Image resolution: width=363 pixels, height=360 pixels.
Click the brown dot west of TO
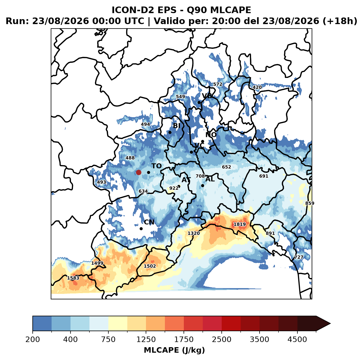pos(139,172)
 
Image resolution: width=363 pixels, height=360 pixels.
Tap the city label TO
pos(157,166)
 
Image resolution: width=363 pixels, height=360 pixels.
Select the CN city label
pos(149,222)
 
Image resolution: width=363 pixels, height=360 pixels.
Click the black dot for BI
pos(170,133)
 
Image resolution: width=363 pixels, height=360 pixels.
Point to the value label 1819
pos(240,224)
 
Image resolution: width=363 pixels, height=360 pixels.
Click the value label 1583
pos(73,278)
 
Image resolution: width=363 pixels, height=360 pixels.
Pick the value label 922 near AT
pos(174,188)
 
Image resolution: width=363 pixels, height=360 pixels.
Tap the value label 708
pos(200,176)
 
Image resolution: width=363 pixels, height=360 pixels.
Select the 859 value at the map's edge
pos(310,203)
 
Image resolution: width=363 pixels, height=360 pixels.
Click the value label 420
pos(257,87)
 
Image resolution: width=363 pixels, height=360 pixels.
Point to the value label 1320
pos(194,233)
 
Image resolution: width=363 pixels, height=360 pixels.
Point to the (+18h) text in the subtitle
pos(340,21)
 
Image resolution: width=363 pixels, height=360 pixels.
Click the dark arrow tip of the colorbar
pos(330,324)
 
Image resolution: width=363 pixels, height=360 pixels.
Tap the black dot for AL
pos(202,185)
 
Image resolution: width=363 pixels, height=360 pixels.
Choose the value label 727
pos(299,257)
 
